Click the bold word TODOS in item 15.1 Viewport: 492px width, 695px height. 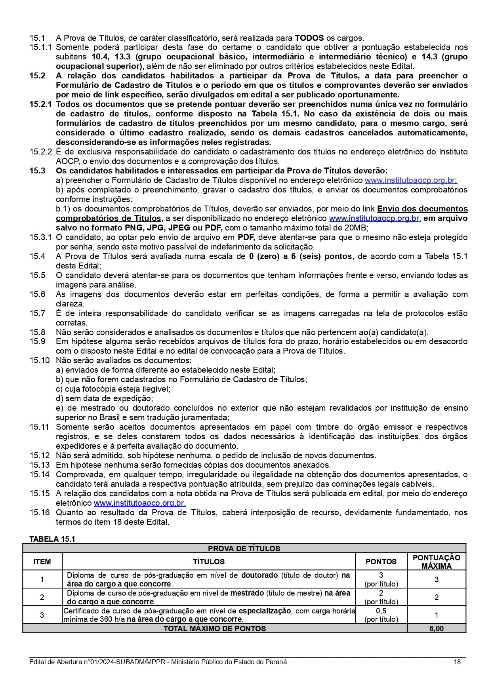tap(309, 38)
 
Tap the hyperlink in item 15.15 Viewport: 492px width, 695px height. tap(139, 503)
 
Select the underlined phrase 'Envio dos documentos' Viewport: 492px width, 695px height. tap(422, 209)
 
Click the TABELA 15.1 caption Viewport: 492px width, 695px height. tap(52, 539)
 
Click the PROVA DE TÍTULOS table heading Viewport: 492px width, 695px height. tap(244, 548)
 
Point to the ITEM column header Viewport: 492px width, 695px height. tap(42, 562)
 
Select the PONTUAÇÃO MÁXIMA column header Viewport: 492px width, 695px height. tap(437, 562)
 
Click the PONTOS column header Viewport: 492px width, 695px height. tap(381, 562)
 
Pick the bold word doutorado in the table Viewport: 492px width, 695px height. tap(259, 575)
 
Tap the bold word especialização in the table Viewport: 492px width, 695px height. tap(265, 611)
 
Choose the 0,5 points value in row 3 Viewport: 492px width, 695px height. tap(381, 611)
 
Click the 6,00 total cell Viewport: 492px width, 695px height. tap(437, 628)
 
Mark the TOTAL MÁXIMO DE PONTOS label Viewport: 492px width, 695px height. tap(215, 628)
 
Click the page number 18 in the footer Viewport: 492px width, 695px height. tap(457, 662)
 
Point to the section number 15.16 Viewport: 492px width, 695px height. tap(39, 512)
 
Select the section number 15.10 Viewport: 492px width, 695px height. tap(39, 360)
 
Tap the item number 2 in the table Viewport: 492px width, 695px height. tap(42, 597)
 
